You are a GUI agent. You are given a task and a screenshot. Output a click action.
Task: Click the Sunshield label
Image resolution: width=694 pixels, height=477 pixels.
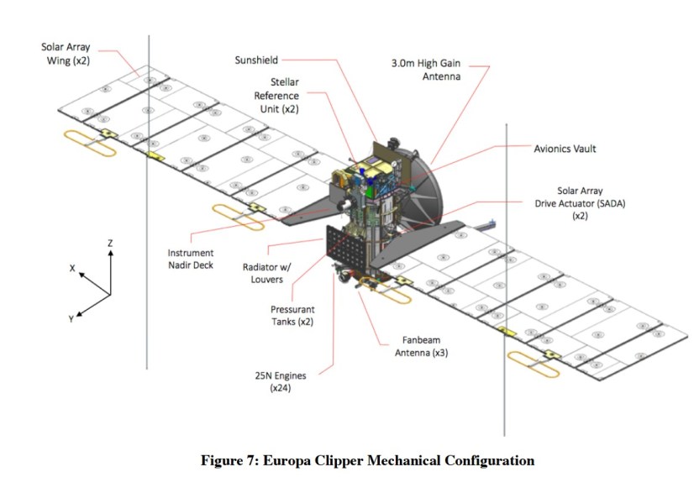[256, 60]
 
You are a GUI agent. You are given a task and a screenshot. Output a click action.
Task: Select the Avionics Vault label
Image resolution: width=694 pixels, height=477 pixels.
[565, 149]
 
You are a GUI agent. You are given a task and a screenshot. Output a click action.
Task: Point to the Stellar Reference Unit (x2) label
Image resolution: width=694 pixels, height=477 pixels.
[276, 96]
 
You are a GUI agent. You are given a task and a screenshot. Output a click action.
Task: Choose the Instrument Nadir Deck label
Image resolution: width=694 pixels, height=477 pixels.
[191, 259]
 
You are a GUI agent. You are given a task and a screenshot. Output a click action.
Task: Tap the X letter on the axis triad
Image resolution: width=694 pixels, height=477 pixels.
[72, 269]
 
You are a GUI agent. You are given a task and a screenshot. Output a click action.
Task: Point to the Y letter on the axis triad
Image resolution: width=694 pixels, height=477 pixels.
[71, 319]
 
